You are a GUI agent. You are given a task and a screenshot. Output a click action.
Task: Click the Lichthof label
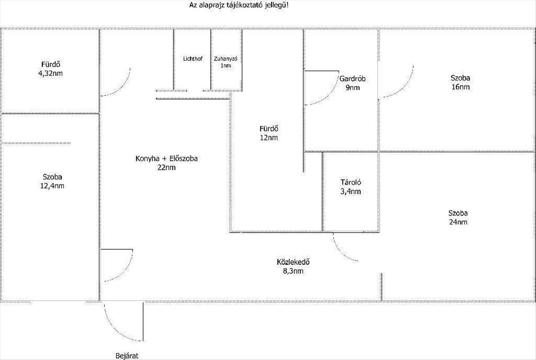(193, 59)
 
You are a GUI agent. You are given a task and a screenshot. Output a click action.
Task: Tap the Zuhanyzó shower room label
(226, 59)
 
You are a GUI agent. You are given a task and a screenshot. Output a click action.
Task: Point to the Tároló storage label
(351, 182)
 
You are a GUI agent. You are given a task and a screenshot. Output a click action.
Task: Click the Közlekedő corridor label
(293, 262)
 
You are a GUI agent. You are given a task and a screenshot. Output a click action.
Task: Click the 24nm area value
(460, 222)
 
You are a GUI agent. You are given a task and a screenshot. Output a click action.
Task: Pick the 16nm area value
(460, 87)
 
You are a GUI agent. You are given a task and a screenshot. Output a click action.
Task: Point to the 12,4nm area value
(52, 185)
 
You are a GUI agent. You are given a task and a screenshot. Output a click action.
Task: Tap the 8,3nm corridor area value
(293, 271)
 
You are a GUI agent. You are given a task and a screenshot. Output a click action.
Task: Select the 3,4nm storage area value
(351, 192)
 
